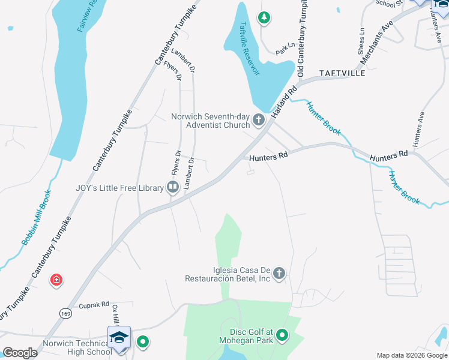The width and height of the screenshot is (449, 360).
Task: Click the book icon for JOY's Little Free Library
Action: coord(173,188)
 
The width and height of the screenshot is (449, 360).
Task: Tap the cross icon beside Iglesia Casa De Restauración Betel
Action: coord(279,274)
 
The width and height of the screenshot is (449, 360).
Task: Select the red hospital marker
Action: coord(56,280)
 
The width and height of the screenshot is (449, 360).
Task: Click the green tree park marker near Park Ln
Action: coord(264,18)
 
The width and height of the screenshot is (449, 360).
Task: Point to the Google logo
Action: coord(20,353)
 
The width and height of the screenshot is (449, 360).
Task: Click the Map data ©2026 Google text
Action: coord(411,355)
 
